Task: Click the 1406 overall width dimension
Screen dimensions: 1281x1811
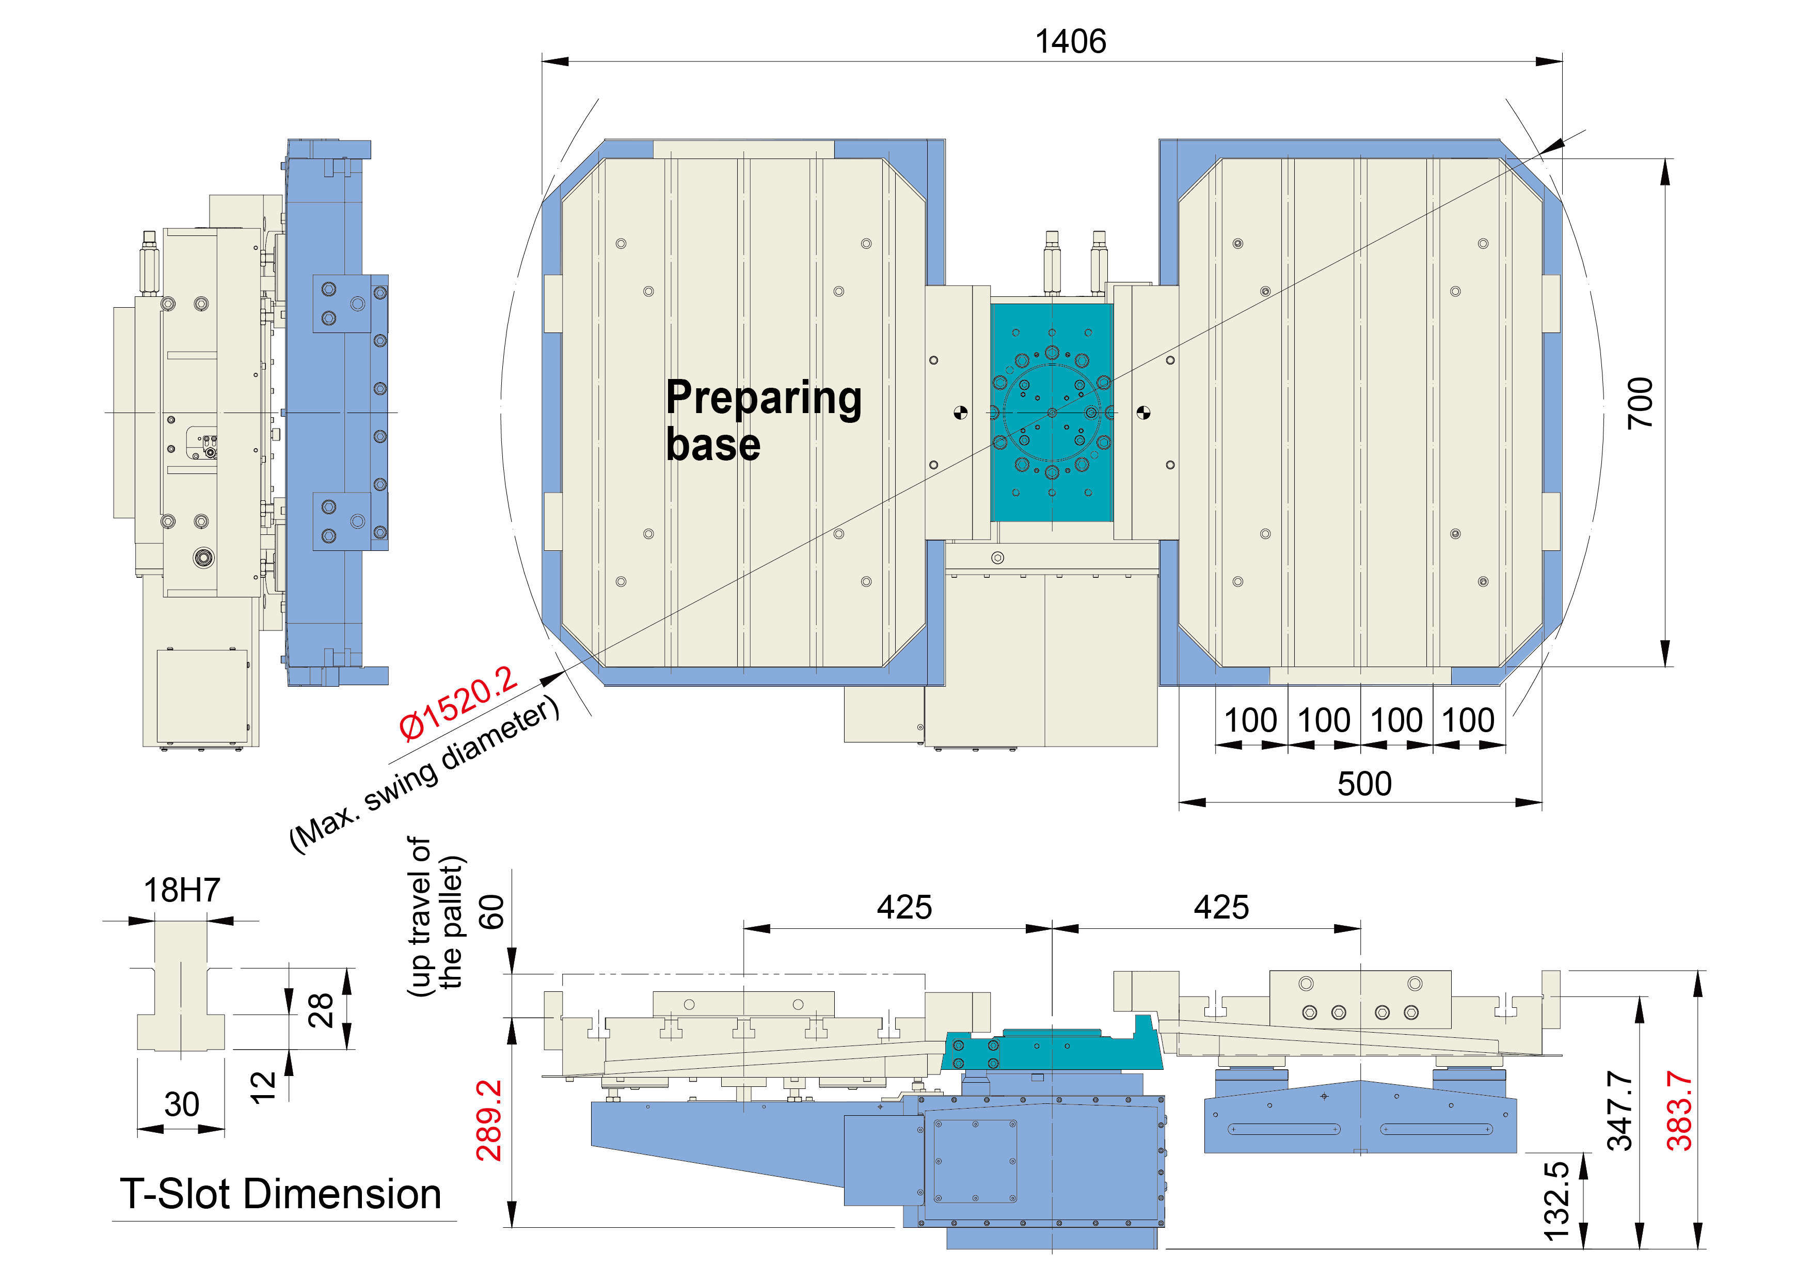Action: tap(1070, 41)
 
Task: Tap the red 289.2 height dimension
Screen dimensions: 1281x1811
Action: tap(489, 1120)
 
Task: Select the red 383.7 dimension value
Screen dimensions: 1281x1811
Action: tap(1679, 1111)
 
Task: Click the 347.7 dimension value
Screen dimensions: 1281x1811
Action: tap(1620, 1111)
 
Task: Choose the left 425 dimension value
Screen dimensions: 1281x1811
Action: tap(904, 908)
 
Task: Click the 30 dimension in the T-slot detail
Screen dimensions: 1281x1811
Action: tap(181, 1104)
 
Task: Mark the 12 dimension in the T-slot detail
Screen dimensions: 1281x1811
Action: tap(263, 1087)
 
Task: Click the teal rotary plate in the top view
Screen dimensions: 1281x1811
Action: tap(1052, 413)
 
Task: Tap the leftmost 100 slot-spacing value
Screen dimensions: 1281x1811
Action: tap(1250, 720)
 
